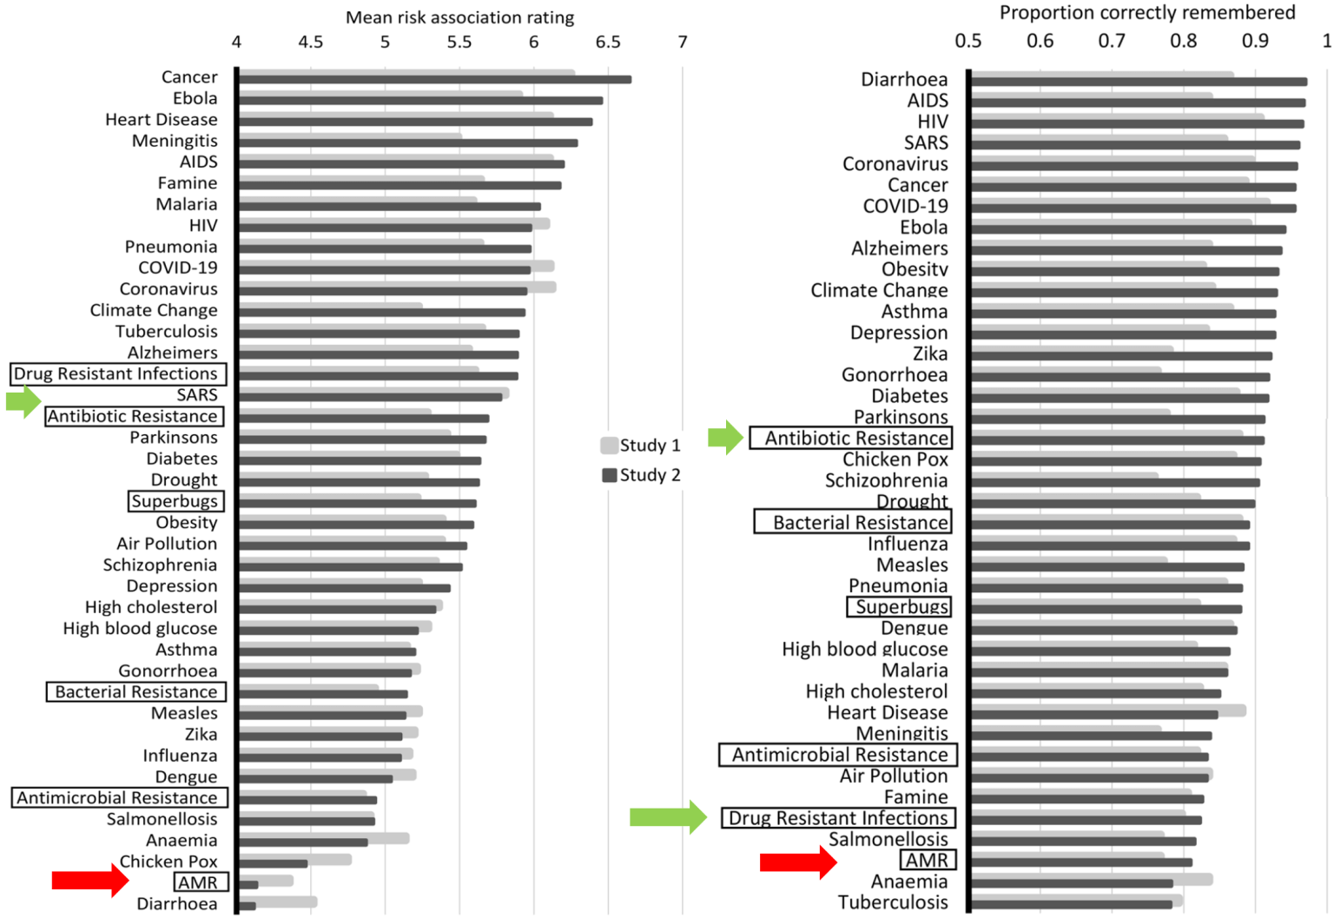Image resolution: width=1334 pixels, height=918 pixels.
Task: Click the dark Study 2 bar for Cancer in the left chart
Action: [x=434, y=80]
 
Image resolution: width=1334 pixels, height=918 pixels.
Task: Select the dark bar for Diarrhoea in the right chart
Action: [x=1138, y=83]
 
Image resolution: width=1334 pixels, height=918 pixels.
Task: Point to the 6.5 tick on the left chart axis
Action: [x=608, y=42]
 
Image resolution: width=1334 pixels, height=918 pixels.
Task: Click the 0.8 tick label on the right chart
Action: [x=1183, y=41]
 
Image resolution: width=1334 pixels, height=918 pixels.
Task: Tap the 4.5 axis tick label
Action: [x=311, y=42]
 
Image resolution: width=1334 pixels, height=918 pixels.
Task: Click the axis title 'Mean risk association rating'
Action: [x=459, y=17]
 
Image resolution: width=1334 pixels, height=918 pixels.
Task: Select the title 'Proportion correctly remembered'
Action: [x=1146, y=12]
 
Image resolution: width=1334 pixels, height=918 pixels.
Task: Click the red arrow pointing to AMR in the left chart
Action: [x=89, y=880]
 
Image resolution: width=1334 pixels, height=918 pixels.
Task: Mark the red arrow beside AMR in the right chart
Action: [x=797, y=861]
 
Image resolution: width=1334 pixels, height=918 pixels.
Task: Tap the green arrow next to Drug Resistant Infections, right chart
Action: [x=668, y=816]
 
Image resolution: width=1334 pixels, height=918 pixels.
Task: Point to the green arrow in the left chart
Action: [x=23, y=400]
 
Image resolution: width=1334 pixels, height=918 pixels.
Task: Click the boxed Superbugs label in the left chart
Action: [x=175, y=501]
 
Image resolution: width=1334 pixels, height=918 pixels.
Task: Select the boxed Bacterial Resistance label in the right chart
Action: [x=852, y=522]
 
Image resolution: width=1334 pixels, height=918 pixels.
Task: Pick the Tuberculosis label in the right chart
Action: [x=893, y=902]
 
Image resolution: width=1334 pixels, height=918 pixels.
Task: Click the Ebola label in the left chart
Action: [x=195, y=98]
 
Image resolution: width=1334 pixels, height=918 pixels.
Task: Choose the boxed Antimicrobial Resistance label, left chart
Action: [x=119, y=797]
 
